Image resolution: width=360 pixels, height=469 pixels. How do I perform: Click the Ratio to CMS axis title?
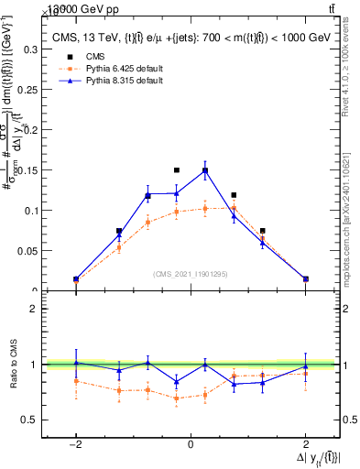(12, 366)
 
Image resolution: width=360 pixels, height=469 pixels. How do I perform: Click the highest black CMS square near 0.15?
(177, 170)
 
